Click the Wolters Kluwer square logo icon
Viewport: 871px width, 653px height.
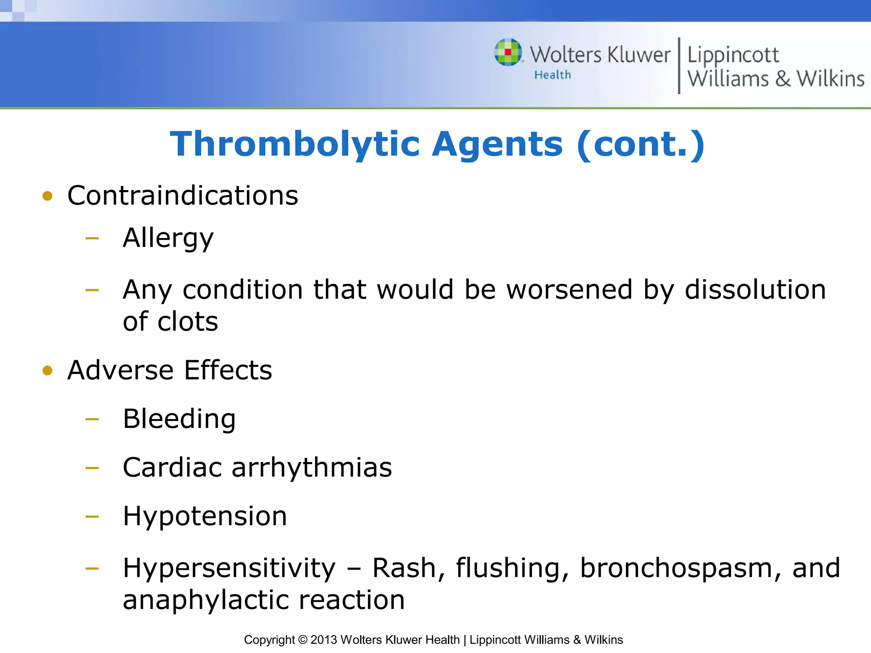(508, 52)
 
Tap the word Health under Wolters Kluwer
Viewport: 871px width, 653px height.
(552, 75)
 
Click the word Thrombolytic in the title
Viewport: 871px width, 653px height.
(295, 144)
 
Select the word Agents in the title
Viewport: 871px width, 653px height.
(498, 144)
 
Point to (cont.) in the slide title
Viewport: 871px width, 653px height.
(640, 144)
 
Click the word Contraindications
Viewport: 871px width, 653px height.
(183, 196)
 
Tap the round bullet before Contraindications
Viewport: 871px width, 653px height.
(48, 196)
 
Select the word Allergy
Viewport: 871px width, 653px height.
(168, 238)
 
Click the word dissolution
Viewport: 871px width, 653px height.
(755, 290)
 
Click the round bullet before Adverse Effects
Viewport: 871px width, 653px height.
(48, 370)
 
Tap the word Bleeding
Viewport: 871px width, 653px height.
(179, 419)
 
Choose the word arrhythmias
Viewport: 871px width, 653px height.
(312, 468)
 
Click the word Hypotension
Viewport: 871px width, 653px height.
(205, 517)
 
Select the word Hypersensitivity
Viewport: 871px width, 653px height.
(229, 568)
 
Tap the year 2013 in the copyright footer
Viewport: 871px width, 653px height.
(324, 640)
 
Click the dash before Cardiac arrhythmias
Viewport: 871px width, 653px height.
(92, 468)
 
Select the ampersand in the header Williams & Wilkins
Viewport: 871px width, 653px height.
(783, 79)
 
